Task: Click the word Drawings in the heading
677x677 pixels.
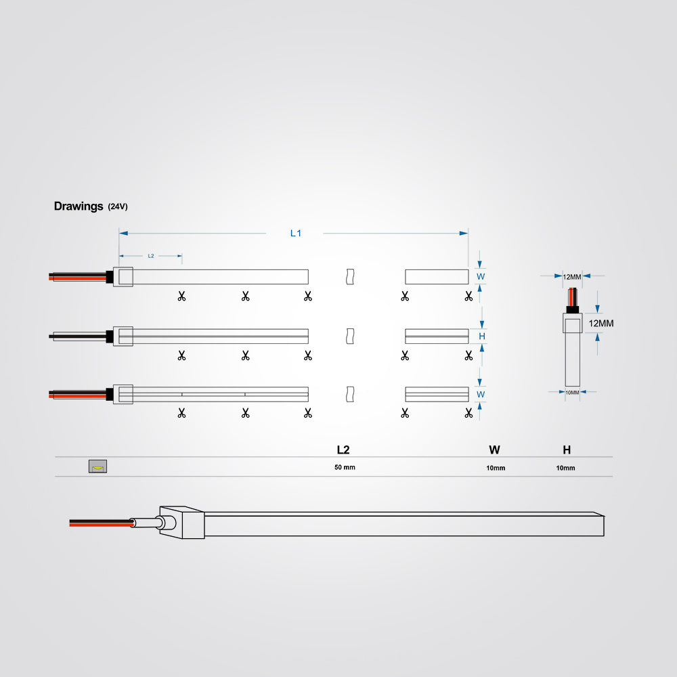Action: [79, 206]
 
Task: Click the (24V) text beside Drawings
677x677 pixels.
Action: [118, 206]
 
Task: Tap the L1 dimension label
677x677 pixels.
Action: [296, 233]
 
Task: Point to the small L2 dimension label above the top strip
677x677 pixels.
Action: [151, 256]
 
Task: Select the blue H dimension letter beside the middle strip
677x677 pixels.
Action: [482, 336]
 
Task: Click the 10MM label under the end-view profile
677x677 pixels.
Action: [572, 393]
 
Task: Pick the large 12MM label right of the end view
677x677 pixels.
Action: [601, 324]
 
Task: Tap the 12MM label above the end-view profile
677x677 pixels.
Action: [572, 277]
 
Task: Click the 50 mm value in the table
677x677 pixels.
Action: [345, 467]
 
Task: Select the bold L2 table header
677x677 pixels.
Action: [343, 450]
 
